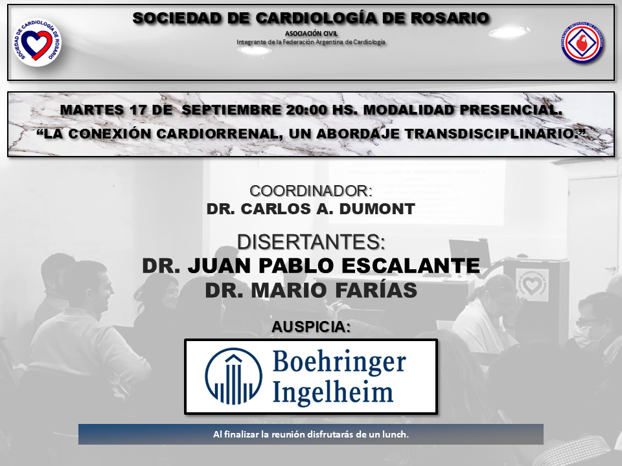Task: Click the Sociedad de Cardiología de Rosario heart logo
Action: pos(38,43)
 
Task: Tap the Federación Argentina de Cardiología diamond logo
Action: pos(582,43)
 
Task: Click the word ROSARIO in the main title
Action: pos(450,18)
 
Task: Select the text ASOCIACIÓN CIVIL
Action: pos(311,34)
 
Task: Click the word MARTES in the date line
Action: pos(91,110)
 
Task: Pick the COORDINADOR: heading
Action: pos(311,191)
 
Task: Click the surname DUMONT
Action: pos(377,209)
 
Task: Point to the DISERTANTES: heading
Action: pos(311,241)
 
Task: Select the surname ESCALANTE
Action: pos(411,265)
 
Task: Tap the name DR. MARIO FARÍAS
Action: pos(311,290)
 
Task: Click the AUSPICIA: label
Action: pos(311,327)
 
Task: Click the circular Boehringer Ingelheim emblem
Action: pos(234,376)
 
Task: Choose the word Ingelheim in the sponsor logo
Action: pos(333,392)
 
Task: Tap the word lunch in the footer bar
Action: pos(395,434)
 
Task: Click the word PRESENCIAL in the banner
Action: pos(511,110)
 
